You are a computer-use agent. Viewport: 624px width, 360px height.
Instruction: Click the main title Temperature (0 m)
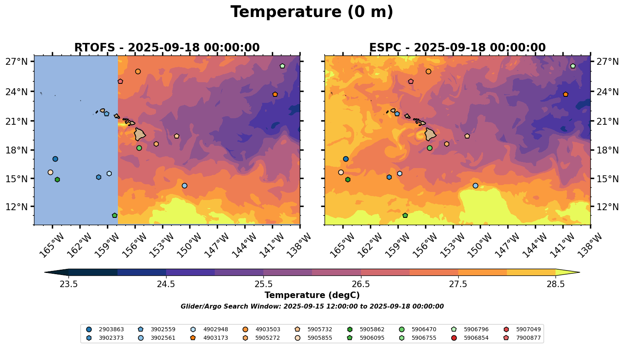point(312,12)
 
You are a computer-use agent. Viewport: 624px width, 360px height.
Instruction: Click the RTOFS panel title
point(167,48)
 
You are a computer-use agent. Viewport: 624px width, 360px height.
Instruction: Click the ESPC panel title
point(457,48)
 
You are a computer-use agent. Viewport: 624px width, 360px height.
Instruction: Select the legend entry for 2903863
point(105,329)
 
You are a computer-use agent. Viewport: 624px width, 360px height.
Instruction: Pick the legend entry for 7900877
point(522,338)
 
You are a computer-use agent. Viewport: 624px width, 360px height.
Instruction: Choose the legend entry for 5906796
point(470,329)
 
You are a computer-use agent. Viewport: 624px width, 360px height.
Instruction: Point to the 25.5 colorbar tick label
point(263,284)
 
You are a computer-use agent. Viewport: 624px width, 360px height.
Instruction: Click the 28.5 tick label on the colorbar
point(556,284)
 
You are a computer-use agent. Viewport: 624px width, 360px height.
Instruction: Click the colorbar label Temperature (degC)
point(312,295)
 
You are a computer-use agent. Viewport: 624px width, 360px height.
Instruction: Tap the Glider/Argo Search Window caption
point(312,307)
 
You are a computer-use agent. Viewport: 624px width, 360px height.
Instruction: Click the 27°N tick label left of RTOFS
point(17,61)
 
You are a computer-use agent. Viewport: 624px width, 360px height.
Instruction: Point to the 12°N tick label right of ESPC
point(607,207)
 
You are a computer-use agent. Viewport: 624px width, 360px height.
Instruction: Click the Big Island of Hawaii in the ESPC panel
point(430,134)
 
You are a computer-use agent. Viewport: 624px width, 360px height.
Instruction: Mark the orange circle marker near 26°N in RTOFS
point(138,72)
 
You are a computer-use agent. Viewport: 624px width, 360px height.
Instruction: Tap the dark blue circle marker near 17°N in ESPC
point(346,159)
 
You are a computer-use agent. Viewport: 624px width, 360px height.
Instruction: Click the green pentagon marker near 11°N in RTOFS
point(115,215)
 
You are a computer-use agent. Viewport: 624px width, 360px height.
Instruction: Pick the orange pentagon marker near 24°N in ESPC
point(566,94)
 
